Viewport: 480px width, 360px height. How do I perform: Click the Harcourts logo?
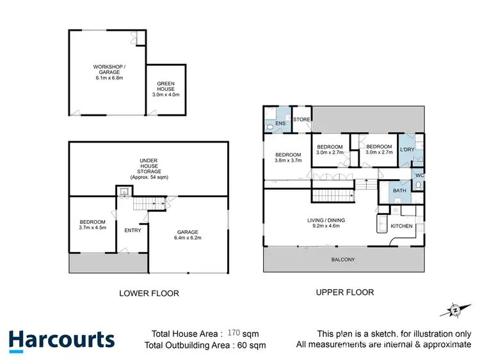coord(61,340)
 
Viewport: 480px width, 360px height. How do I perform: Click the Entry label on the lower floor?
coord(132,230)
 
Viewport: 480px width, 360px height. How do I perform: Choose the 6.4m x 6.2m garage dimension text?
coord(188,238)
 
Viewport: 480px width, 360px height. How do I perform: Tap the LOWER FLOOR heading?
coord(149,293)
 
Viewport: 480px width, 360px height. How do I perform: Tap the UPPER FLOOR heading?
coord(345,292)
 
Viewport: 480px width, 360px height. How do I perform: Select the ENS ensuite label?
coord(280,123)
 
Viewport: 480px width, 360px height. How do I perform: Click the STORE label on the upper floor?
coord(301,120)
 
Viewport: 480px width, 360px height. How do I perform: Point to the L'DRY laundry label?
coord(408,150)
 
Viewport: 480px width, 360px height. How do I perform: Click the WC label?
coord(420,175)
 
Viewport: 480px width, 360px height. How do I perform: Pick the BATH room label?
coord(399,191)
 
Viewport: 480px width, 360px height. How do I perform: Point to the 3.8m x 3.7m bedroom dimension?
coord(288,160)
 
